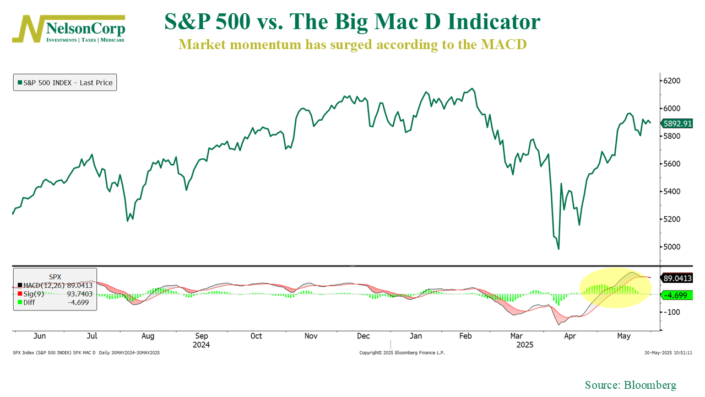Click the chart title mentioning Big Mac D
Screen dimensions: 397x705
pos(352,22)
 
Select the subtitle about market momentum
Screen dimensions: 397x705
pos(352,45)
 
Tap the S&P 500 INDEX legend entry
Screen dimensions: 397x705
pos(65,83)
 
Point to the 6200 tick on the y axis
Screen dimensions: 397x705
pos(671,81)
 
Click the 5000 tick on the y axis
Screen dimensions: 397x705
pos(671,246)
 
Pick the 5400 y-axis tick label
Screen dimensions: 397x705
pos(671,191)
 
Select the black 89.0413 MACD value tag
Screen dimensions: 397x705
pos(677,278)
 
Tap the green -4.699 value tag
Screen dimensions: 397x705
pos(677,296)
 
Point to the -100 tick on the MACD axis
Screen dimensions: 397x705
pos(673,312)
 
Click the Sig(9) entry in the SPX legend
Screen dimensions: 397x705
pos(55,293)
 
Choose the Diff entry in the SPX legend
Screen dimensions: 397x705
pos(55,302)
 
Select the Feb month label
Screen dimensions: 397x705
pos(465,336)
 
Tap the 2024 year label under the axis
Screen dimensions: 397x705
pos(201,345)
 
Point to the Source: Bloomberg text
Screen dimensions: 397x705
pos(630,385)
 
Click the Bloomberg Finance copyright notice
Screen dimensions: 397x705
pos(402,352)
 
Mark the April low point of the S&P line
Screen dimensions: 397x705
pos(558,249)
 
